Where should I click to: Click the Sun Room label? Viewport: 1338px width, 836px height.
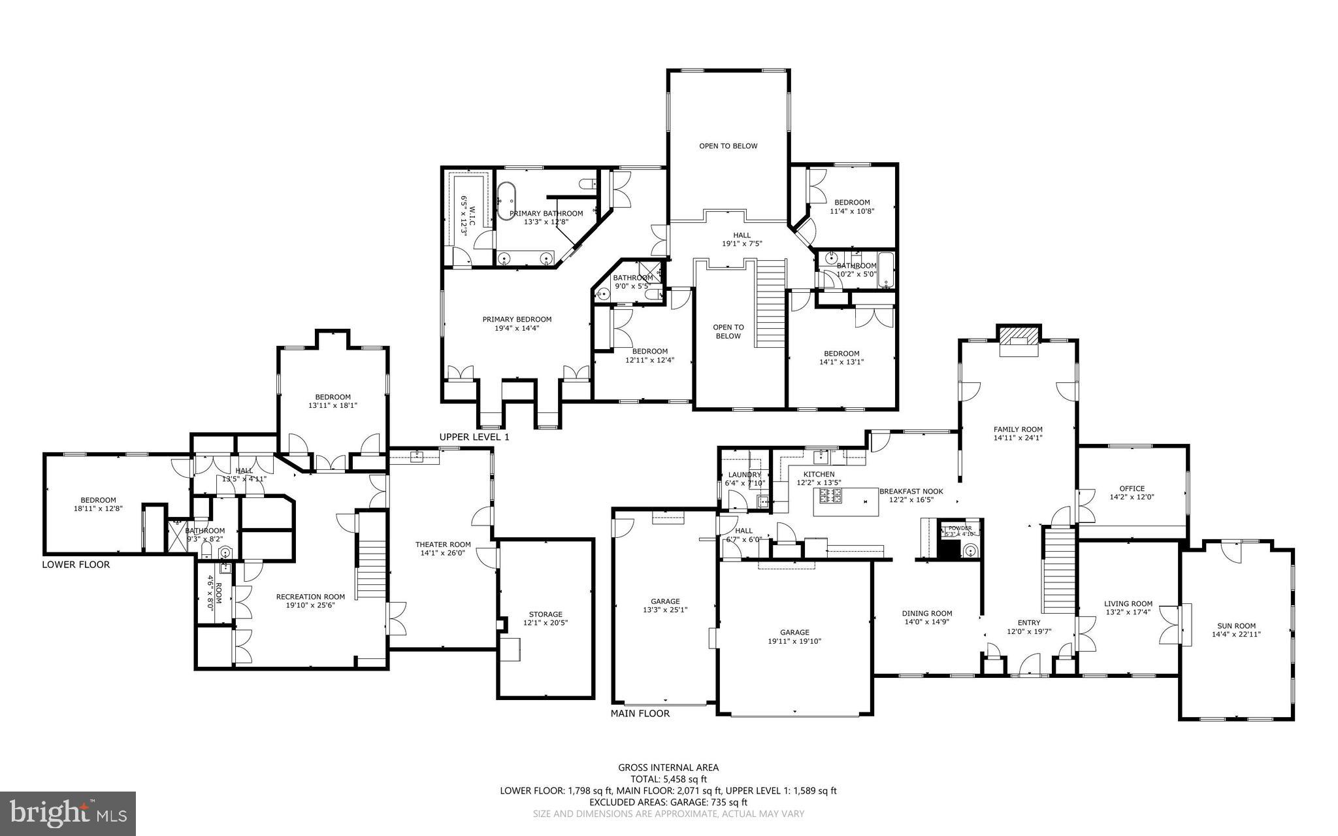point(1236,626)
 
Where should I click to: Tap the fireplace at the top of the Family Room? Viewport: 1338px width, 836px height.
point(1018,340)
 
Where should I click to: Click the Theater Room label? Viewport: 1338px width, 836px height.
point(443,544)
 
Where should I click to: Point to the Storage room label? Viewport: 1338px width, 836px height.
point(546,614)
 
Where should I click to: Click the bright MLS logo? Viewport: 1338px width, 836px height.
point(68,812)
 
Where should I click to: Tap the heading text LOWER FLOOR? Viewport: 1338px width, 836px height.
point(76,565)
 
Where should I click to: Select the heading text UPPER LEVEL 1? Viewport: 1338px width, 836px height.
point(474,437)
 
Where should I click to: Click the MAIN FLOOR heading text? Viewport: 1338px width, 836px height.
point(640,713)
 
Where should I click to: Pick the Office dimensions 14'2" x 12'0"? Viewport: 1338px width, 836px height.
point(1132,497)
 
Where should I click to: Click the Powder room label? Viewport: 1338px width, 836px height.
point(960,528)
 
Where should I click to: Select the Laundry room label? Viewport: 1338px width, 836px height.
point(745,475)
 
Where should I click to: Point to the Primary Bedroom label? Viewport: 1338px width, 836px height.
point(517,320)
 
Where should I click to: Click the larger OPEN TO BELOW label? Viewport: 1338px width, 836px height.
point(728,146)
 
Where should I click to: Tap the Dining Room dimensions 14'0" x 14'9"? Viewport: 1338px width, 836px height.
point(927,622)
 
